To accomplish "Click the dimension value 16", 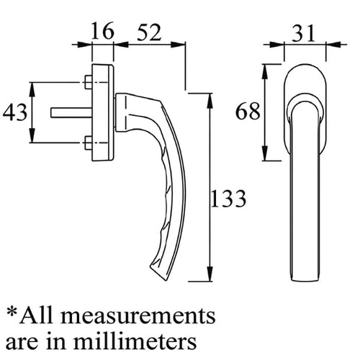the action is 102,31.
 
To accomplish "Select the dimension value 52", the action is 149,32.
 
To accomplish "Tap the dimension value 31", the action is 303,33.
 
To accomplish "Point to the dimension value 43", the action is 15,112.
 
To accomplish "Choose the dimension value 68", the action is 248,111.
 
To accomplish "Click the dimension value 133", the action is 228,198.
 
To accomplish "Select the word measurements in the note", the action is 138,315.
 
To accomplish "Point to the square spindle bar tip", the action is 52,112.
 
